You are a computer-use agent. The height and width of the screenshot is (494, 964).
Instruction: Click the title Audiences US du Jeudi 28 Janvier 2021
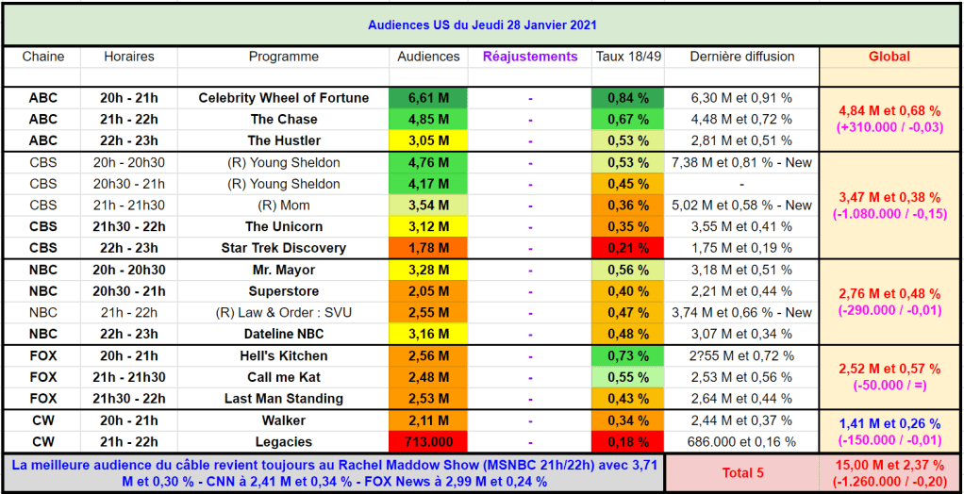[x=481, y=25]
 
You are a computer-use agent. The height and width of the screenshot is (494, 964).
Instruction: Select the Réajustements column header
[x=530, y=57]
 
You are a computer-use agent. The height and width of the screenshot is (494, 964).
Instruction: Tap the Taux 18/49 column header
[x=628, y=57]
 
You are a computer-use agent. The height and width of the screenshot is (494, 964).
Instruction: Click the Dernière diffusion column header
[x=742, y=57]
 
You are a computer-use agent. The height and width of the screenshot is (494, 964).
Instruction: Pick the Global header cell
[x=889, y=57]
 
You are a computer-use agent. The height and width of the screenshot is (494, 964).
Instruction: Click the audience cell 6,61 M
[x=429, y=98]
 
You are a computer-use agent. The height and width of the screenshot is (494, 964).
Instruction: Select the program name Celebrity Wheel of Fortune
[x=284, y=98]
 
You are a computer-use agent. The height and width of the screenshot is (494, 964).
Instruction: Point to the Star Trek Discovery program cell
[x=284, y=248]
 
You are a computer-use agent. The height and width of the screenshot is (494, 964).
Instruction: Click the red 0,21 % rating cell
[x=628, y=248]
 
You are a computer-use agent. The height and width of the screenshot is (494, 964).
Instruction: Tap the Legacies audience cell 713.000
[x=429, y=442]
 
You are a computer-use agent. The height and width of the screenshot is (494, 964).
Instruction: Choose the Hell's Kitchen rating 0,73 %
[x=628, y=356]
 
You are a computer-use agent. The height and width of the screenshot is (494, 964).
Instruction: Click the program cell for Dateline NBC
[x=284, y=335]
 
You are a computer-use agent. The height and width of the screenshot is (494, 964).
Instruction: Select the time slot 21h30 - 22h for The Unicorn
[x=129, y=226]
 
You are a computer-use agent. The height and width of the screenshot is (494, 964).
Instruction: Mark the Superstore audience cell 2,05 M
[x=429, y=291]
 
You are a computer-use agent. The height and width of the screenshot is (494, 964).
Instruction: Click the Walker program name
[x=284, y=420]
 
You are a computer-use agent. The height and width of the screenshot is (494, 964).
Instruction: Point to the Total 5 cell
[x=742, y=473]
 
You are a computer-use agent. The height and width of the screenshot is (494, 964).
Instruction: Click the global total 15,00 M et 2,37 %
[x=889, y=464]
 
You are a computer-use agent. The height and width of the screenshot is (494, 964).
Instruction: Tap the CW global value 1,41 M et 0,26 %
[x=889, y=423]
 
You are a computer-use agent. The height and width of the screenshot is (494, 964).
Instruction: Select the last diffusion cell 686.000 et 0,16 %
[x=742, y=442]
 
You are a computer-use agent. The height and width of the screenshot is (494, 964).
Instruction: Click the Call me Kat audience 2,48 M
[x=429, y=378]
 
